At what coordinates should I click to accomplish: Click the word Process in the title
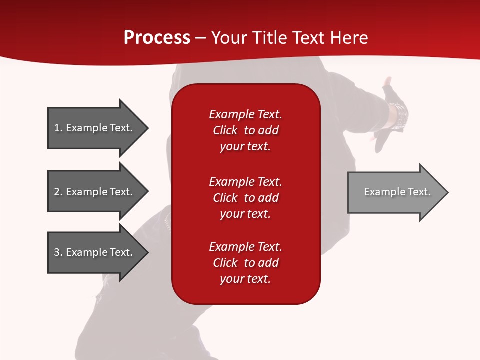(157, 38)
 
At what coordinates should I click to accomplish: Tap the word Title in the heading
(270, 37)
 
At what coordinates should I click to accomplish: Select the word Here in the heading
(349, 37)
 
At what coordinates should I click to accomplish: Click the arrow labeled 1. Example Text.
(98, 128)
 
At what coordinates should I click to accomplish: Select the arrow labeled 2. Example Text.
(98, 191)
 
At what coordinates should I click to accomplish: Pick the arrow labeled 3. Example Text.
(98, 252)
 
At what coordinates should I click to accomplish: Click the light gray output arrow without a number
(398, 192)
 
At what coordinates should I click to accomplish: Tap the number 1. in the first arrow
(58, 128)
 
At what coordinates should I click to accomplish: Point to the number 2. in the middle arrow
(58, 192)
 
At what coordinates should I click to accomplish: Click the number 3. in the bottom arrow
(58, 252)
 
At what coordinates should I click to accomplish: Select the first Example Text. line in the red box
(246, 114)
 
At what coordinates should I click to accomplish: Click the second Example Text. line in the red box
(246, 182)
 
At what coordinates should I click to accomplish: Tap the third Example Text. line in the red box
(246, 247)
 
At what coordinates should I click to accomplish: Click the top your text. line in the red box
(245, 147)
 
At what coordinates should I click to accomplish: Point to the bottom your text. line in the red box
(245, 279)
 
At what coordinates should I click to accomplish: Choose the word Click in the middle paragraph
(225, 198)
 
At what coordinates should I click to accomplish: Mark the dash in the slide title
(201, 39)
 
